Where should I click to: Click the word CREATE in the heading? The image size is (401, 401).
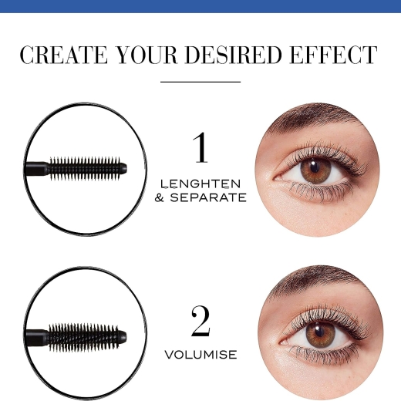(63, 55)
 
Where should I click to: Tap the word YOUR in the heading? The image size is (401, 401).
(147, 55)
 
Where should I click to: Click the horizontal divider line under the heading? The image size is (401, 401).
(200, 82)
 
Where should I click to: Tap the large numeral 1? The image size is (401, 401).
(201, 147)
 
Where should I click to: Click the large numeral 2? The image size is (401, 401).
(200, 322)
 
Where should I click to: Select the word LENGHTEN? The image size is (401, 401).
(200, 184)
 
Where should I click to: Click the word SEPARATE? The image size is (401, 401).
(208, 197)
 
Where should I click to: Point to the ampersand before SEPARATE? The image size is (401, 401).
(160, 197)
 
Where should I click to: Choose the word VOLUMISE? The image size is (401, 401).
(200, 355)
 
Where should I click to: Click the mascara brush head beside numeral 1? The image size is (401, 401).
(87, 168)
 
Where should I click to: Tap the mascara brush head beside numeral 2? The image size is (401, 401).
(87, 336)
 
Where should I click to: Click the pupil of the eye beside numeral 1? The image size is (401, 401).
(314, 167)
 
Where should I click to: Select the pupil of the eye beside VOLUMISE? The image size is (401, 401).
(319, 332)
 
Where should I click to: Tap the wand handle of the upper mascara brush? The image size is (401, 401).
(36, 169)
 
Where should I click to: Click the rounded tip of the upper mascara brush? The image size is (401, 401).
(123, 168)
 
